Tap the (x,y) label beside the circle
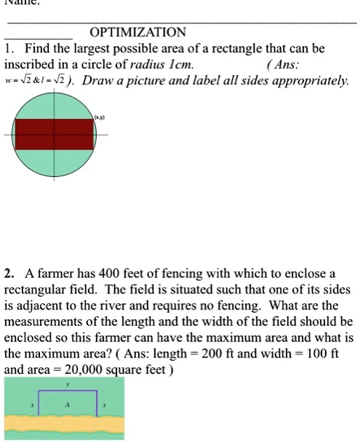click(99, 116)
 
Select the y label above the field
click(68, 383)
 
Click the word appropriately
click(308, 79)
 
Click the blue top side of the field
click(68, 391)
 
